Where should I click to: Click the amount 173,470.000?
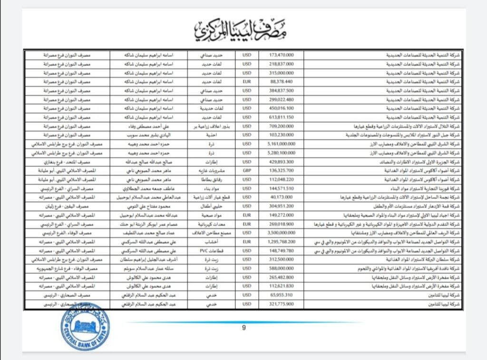281,55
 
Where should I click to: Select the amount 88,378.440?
281,81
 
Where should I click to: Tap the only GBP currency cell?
247,170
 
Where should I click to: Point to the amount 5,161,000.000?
281,144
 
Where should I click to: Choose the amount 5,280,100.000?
281,153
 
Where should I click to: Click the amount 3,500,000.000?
281,233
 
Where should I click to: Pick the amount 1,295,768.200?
281,242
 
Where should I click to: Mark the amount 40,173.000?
281,197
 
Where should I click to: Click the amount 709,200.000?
281,126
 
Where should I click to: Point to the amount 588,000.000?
281,268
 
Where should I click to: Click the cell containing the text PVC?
211,251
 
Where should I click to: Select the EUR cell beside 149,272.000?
247,214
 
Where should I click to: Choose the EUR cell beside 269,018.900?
247,224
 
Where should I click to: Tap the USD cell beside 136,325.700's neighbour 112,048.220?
247,179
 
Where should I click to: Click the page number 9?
243,328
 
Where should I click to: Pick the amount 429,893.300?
281,162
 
